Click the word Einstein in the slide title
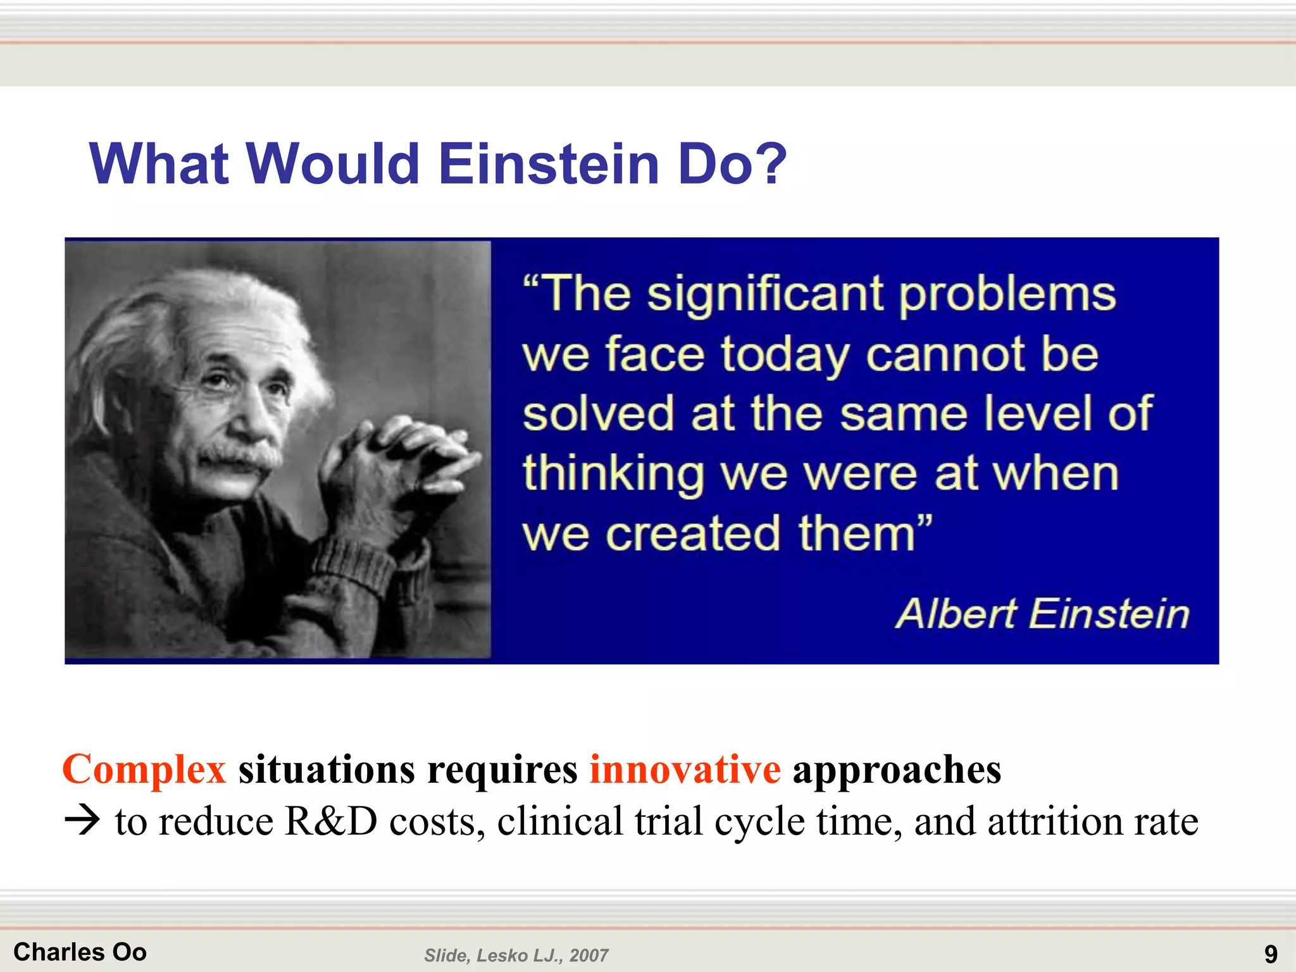(549, 164)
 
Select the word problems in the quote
(1007, 295)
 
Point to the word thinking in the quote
(613, 475)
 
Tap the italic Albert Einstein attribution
(1042, 614)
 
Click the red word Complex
(144, 769)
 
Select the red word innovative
(685, 769)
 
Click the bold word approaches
(897, 771)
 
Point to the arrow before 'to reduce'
(82, 821)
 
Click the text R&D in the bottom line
(331, 821)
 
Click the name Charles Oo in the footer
(80, 952)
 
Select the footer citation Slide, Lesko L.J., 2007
(516, 956)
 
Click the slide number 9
(1271, 954)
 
